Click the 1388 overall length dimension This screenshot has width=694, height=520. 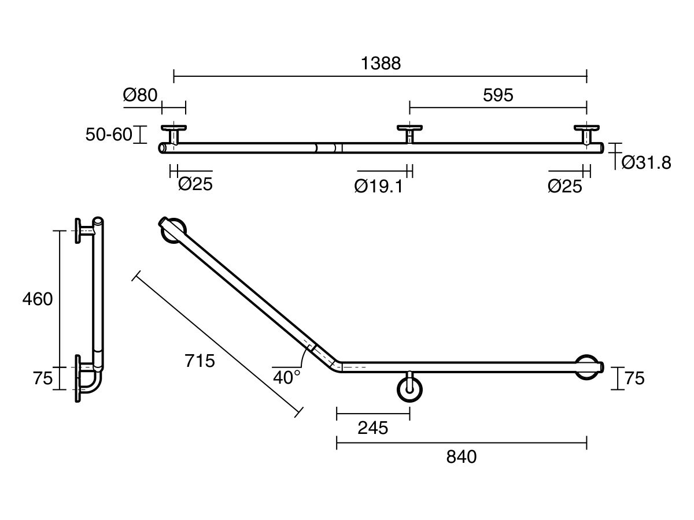point(381,64)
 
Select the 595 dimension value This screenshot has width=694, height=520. point(497,95)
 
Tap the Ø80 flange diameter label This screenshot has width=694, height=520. point(140,95)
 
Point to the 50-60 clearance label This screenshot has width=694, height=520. point(109,135)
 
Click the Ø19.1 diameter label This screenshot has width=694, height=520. point(379,186)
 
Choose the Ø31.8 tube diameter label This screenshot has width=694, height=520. point(646,164)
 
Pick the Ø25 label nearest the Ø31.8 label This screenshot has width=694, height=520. point(564,186)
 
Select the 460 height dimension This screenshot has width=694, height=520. point(37,299)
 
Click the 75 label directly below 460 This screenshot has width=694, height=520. point(43,378)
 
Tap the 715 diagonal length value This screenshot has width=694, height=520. point(200,361)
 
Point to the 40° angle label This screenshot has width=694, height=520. point(287,377)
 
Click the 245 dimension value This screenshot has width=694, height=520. point(372,428)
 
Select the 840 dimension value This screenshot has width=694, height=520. point(462,457)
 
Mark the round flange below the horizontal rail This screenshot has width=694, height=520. point(409,390)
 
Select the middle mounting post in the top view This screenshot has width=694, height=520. point(409,134)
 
